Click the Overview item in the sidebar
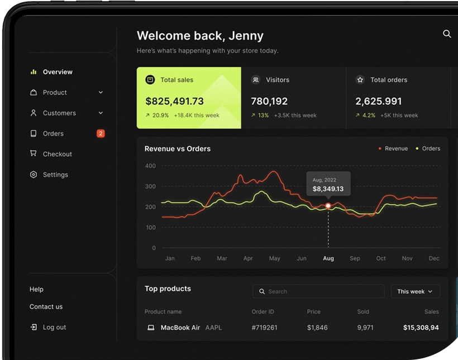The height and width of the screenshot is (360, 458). click(58, 72)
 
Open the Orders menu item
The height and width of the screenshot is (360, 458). click(53, 133)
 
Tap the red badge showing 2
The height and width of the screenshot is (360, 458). click(101, 133)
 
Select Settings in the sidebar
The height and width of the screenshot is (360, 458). click(55, 175)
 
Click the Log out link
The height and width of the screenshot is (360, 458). click(54, 327)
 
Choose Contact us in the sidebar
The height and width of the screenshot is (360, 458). click(46, 306)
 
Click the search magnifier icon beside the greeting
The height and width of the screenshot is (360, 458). click(447, 34)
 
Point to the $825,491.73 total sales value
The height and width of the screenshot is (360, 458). click(174, 101)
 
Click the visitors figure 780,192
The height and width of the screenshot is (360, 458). click(269, 101)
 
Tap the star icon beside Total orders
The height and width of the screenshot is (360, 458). click(360, 80)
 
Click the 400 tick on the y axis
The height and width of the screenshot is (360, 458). click(150, 166)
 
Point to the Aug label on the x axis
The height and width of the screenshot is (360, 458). click(328, 258)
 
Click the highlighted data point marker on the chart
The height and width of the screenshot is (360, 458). click(328, 206)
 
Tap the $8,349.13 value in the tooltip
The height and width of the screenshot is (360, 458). click(328, 189)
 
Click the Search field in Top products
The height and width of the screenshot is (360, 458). click(318, 291)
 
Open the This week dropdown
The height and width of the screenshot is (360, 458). click(415, 291)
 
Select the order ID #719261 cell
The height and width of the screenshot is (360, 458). click(264, 328)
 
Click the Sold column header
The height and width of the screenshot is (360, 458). click(363, 311)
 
